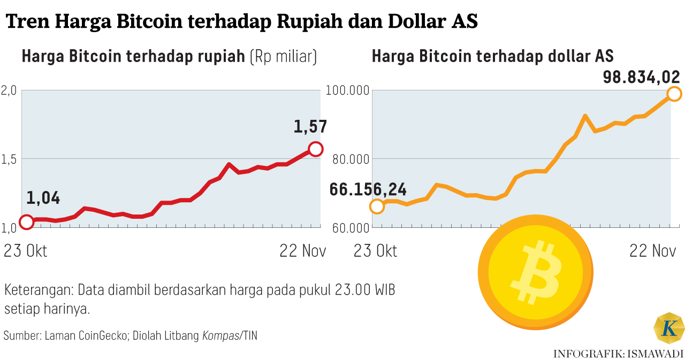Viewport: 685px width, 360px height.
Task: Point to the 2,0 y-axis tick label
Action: [10, 90]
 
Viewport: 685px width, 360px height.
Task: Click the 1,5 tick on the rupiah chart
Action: [10, 159]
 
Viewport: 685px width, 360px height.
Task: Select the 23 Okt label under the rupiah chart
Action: [25, 251]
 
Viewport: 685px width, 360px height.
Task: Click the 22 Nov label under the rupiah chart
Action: [302, 251]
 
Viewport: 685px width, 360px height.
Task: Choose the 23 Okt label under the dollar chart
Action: [375, 251]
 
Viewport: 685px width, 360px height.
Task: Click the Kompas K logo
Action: [669, 328]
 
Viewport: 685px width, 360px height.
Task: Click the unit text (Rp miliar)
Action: [284, 56]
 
